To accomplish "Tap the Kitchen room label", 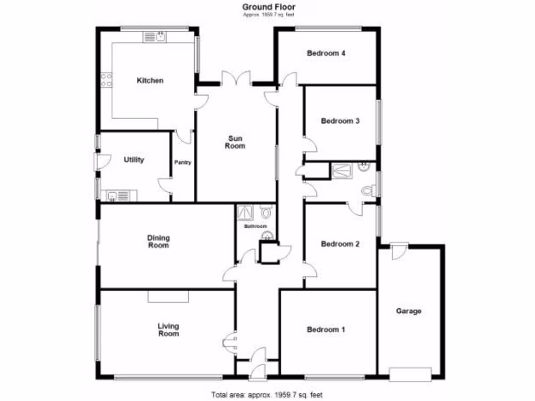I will (x=150, y=80).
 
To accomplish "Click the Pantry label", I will (x=183, y=162).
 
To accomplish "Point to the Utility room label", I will (x=134, y=160).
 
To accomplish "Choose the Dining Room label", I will (x=158, y=241).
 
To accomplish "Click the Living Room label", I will (x=168, y=330).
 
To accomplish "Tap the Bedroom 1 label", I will (x=326, y=329).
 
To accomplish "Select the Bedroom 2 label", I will (x=340, y=244).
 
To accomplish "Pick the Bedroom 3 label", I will (x=340, y=121).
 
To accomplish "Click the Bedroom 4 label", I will (x=326, y=53).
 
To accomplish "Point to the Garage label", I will (x=409, y=311).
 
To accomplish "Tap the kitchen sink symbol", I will (x=155, y=37).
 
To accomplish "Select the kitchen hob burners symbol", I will (x=106, y=79).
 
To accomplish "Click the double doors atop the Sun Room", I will (x=236, y=79).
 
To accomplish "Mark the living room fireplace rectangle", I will (x=168, y=296).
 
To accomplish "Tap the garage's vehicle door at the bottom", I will (x=410, y=374).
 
